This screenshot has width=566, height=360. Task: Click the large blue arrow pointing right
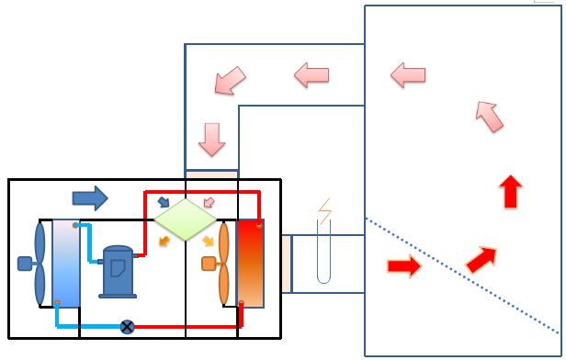[89, 197]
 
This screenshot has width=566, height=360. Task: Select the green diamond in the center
[185, 219]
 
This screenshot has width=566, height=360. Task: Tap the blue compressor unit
[118, 271]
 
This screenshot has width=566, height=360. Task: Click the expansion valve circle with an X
[128, 326]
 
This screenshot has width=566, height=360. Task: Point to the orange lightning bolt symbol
[323, 212]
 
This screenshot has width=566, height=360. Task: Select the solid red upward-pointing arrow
[510, 192]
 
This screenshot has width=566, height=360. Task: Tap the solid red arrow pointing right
[403, 266]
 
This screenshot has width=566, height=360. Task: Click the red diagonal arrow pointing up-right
[481, 259]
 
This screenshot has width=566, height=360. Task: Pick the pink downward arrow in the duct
[212, 139]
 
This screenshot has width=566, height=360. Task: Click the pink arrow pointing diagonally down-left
[230, 81]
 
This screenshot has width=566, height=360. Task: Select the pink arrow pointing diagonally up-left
[490, 116]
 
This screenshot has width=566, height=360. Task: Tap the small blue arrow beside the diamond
[163, 202]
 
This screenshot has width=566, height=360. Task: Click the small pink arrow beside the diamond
[208, 202]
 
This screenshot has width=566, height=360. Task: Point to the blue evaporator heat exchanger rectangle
[66, 263]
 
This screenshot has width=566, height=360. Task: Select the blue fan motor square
[25, 264]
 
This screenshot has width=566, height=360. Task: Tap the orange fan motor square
[209, 264]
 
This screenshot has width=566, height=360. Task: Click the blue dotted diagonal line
[459, 275]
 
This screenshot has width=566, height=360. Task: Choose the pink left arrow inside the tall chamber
[408, 74]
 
